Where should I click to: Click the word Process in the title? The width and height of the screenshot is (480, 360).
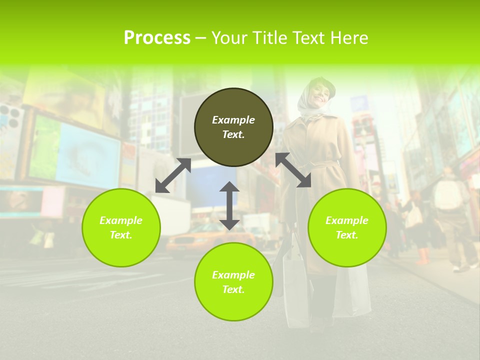(157, 38)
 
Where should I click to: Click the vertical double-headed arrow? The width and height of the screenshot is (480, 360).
(229, 205)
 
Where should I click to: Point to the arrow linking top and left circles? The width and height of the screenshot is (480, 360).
(173, 175)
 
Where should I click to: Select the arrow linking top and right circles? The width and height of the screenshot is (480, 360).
(293, 170)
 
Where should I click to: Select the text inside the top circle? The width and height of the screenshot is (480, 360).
(233, 127)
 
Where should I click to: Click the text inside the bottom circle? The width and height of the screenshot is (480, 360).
(233, 282)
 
